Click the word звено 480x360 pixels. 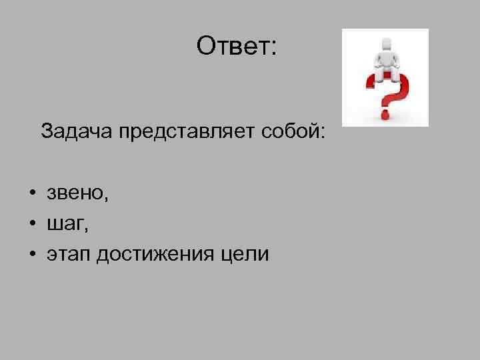(74, 194)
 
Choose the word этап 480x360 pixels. (67, 255)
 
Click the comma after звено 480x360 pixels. (105, 199)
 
